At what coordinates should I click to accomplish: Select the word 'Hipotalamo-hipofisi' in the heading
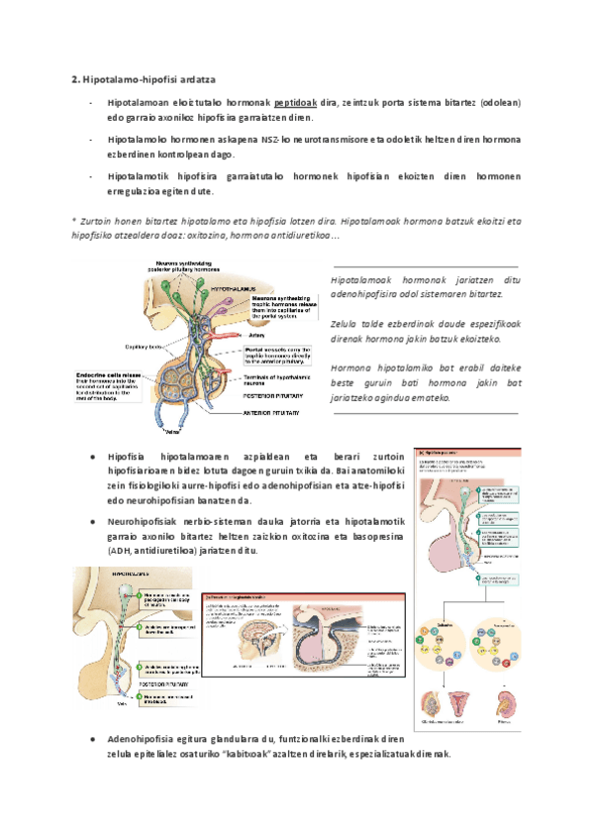pyautogui.click(x=129, y=78)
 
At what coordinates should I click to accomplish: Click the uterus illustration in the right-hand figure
pyautogui.click(x=462, y=706)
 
